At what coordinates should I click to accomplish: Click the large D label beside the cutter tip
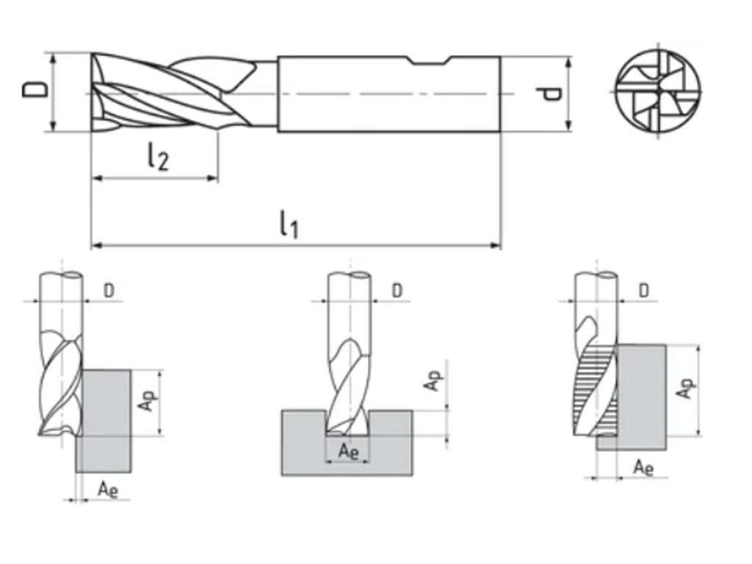[34, 91]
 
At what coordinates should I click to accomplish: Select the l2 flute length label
[157, 156]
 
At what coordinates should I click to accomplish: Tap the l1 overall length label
[289, 224]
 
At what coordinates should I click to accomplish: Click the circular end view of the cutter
[658, 94]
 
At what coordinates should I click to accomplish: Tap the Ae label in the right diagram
[643, 467]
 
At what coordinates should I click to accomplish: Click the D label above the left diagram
[109, 291]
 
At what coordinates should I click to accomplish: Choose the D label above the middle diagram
[397, 291]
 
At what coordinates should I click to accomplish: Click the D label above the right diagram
[643, 291]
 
